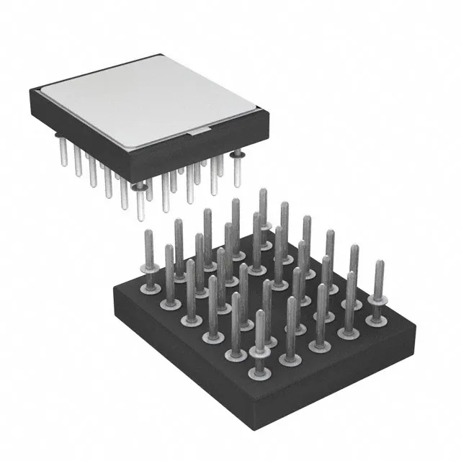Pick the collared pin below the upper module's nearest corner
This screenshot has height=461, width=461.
point(138,198)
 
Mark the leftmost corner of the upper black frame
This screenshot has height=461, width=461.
point(31,89)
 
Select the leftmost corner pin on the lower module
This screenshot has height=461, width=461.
point(149,259)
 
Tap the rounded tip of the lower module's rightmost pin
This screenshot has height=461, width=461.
point(379,264)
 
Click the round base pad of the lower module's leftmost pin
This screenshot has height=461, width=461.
point(150,288)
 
